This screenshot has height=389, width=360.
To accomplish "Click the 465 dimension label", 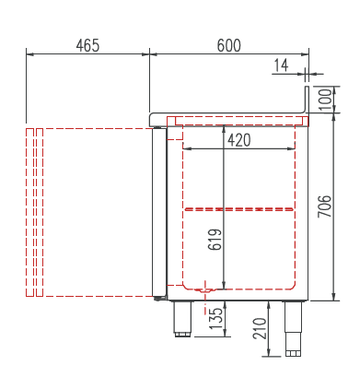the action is (87, 46).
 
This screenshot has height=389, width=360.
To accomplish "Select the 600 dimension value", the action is (229, 46).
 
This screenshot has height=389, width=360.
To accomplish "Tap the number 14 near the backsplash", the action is (281, 65).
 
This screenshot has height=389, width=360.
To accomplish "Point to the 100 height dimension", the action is (326, 100).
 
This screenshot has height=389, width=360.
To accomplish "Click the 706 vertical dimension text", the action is (325, 206).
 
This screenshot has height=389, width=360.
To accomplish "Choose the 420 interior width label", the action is (239, 140).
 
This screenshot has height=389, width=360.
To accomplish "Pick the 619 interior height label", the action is (215, 240).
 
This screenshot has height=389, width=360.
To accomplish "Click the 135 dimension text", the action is (215, 318).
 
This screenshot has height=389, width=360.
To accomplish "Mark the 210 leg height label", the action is (260, 328).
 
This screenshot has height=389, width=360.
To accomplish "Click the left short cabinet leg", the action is (182, 319).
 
